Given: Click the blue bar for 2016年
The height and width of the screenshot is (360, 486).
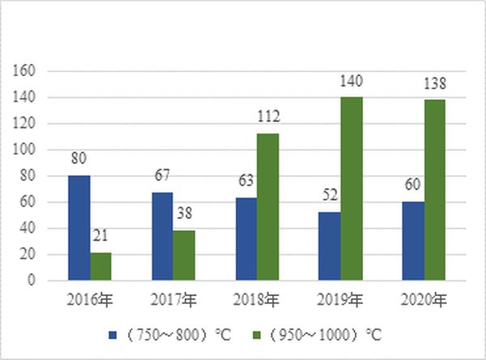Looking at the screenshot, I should pyautogui.click(x=79, y=228).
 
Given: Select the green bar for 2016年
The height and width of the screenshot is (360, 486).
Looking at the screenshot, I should pyautogui.click(x=101, y=267).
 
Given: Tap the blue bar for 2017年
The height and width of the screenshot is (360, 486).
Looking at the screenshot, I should pyautogui.click(x=162, y=237).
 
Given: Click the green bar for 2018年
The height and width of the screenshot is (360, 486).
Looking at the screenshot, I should pyautogui.click(x=268, y=207).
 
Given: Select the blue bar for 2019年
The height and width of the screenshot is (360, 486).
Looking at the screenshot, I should pyautogui.click(x=329, y=246).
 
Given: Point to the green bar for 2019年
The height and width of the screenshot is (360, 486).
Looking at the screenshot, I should pyautogui.click(x=352, y=189).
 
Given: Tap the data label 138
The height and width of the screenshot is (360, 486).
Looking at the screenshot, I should pyautogui.click(x=435, y=84).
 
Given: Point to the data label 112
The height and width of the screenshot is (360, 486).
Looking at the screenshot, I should pyautogui.click(x=268, y=118).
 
